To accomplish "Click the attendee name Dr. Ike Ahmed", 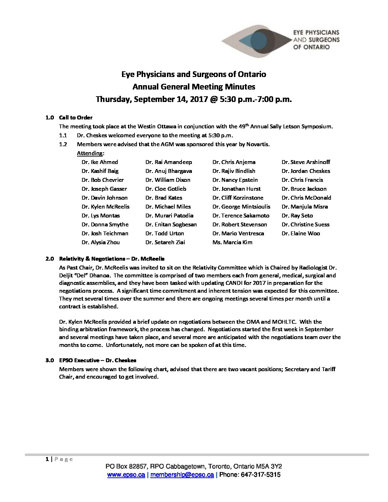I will tap(99, 162).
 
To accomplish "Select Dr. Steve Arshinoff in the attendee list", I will tap(306, 162).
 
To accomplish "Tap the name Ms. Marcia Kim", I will tap(232, 242).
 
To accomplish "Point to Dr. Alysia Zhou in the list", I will tap(101, 242).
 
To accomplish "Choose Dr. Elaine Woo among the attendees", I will tap(301, 234).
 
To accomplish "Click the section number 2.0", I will tap(50, 258).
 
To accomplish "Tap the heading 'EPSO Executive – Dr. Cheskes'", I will tap(98, 360).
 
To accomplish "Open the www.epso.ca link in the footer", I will tap(126, 475).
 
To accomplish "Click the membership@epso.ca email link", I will tap(182, 475).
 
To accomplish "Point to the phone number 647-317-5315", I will tap(261, 475).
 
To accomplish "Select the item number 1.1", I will tap(63, 135).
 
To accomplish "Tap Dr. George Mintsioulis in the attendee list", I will tap(241, 207).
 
